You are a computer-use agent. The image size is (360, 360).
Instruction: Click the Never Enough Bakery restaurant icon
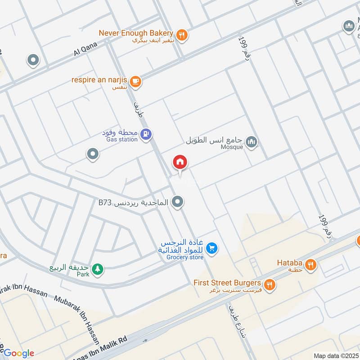pos(182,35)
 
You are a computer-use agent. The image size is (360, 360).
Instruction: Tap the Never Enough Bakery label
pos(136,33)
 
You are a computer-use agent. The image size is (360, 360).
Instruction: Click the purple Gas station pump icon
pos(146,134)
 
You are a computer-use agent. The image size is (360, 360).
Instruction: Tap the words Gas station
pos(122,139)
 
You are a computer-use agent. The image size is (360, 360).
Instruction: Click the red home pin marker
pos(180,162)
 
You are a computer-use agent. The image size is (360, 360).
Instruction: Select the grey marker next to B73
pos(178,202)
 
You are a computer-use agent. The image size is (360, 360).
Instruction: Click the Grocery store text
pos(185,257)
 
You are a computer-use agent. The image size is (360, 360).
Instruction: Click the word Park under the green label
pos(83,274)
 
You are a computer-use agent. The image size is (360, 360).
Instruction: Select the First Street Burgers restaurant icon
pos(270,284)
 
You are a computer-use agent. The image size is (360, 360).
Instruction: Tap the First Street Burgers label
pos(227,283)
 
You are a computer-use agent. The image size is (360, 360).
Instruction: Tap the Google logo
pos(18,353)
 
